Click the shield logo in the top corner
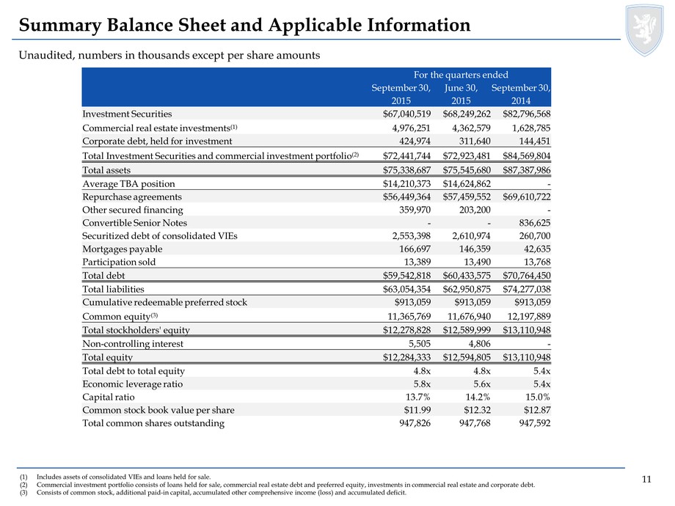coord(644,30)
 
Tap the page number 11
coord(646,480)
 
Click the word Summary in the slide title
coord(60,26)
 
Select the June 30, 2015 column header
coord(461,94)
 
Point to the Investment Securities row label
coord(127,114)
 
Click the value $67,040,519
coord(406,114)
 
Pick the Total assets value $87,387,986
coord(527,170)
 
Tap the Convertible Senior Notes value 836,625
coord(535,223)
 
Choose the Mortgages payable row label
coord(123,249)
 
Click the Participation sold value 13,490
coord(478,262)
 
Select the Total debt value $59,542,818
coord(406,276)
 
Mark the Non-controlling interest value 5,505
coord(420,344)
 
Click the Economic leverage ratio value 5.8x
coord(423,384)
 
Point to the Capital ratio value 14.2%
coord(478,397)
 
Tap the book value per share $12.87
coord(537,410)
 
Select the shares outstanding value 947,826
coord(415,423)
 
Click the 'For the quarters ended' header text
coord(461,75)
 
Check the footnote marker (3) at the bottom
coord(23,493)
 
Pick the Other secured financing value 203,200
coord(475,210)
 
